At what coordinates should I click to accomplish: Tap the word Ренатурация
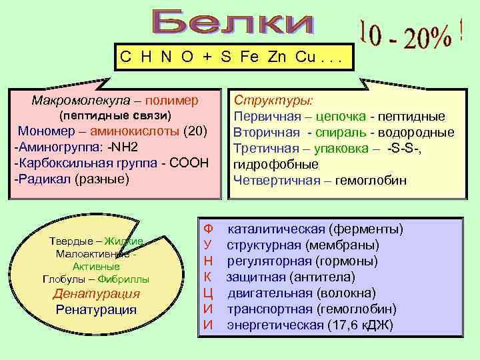96,309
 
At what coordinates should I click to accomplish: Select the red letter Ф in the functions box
208,229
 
